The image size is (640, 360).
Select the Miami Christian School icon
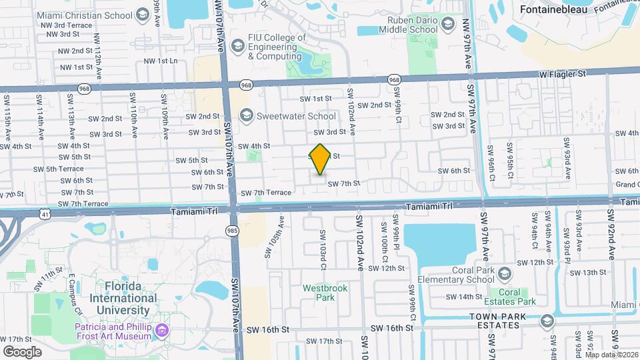click(141, 14)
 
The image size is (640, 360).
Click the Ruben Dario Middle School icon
click(448, 25)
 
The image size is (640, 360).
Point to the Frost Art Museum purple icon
click(161, 331)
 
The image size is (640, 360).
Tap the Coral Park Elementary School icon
click(505, 274)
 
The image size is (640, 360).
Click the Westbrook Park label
click(319, 293)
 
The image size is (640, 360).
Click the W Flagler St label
click(563, 74)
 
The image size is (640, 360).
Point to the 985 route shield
click(231, 229)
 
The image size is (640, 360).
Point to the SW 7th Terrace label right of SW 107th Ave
click(266, 193)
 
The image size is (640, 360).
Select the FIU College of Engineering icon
click(237, 45)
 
